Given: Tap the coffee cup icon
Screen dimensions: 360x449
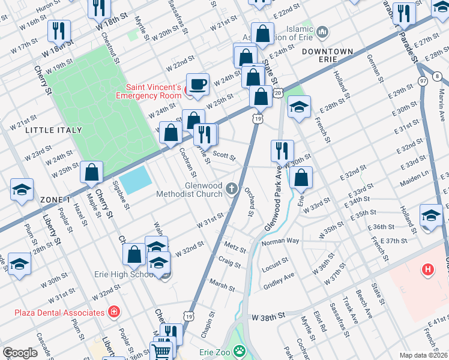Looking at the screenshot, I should [197, 84].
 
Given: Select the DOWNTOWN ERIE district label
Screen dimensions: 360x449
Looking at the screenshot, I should [327, 52].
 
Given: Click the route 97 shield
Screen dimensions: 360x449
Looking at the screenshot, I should [424, 80].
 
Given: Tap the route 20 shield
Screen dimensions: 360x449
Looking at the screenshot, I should [277, 93].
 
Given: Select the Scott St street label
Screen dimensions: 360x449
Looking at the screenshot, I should [224, 155].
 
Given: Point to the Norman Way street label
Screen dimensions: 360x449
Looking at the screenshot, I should [280, 241].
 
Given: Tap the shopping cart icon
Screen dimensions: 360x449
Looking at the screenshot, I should [161, 353].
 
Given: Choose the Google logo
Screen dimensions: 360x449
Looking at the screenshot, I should [20, 353].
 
